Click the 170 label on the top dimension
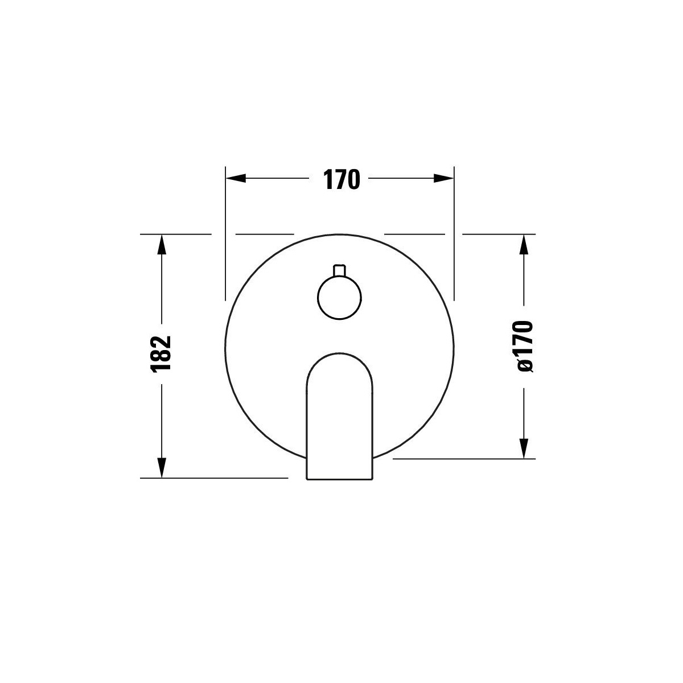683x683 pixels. pyautogui.click(x=341, y=179)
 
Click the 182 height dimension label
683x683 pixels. pyautogui.click(x=161, y=354)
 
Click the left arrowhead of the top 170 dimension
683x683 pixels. pyautogui.click(x=236, y=178)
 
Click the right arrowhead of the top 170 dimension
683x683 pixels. pyautogui.click(x=444, y=178)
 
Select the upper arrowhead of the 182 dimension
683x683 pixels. pyautogui.click(x=162, y=245)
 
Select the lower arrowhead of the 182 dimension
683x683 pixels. pyautogui.click(x=162, y=468)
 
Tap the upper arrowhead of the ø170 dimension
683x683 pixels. pyautogui.click(x=524, y=245)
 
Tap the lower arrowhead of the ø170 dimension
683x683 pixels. pyautogui.click(x=524, y=449)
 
